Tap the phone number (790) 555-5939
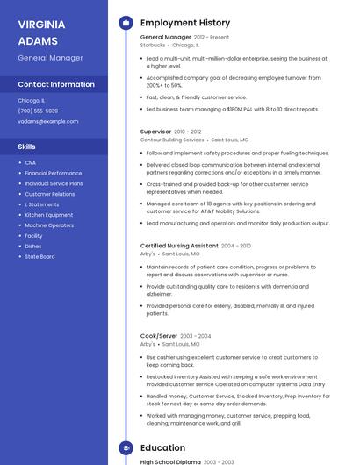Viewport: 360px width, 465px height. pyautogui.click(x=38, y=111)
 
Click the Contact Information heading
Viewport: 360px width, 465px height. pyautogui.click(x=56, y=84)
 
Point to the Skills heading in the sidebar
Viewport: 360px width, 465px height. pyautogui.click(x=26, y=147)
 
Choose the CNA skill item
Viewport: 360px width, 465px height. pyautogui.click(x=31, y=162)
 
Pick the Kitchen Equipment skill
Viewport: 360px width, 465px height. pyautogui.click(x=49, y=215)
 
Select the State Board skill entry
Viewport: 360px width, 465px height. pyautogui.click(x=40, y=257)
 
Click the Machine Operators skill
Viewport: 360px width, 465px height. pyautogui.click(x=49, y=225)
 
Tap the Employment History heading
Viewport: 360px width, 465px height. pyautogui.click(x=185, y=23)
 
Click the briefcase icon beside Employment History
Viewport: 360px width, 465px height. pyautogui.click(x=125, y=23)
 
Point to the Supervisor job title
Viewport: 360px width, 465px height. pyautogui.click(x=156, y=131)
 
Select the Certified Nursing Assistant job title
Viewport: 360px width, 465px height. pyautogui.click(x=179, y=246)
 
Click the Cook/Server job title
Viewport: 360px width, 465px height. pyautogui.click(x=159, y=336)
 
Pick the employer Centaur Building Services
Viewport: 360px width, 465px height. pyautogui.click(x=172, y=139)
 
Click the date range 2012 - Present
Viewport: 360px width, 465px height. pyautogui.click(x=212, y=38)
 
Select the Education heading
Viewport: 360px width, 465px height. pyautogui.click(x=162, y=447)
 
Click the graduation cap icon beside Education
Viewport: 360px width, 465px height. pyautogui.click(x=125, y=447)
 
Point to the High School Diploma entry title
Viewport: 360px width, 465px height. pyautogui.click(x=170, y=461)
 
